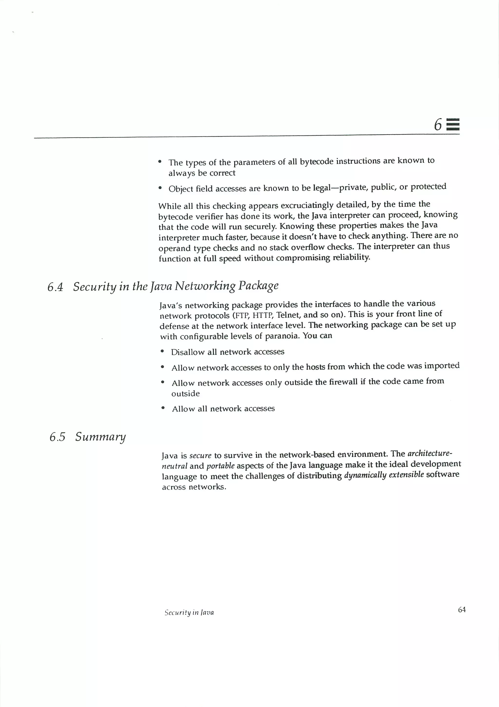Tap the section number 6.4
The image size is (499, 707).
(x=55, y=287)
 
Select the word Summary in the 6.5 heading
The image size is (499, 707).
(x=100, y=437)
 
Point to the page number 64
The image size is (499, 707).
(x=462, y=609)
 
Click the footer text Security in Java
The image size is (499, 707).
(x=189, y=612)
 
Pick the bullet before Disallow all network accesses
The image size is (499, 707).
(x=162, y=351)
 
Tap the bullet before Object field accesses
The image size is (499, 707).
(x=160, y=188)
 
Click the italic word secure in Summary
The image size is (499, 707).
(x=200, y=455)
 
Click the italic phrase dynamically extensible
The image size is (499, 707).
(x=384, y=475)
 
